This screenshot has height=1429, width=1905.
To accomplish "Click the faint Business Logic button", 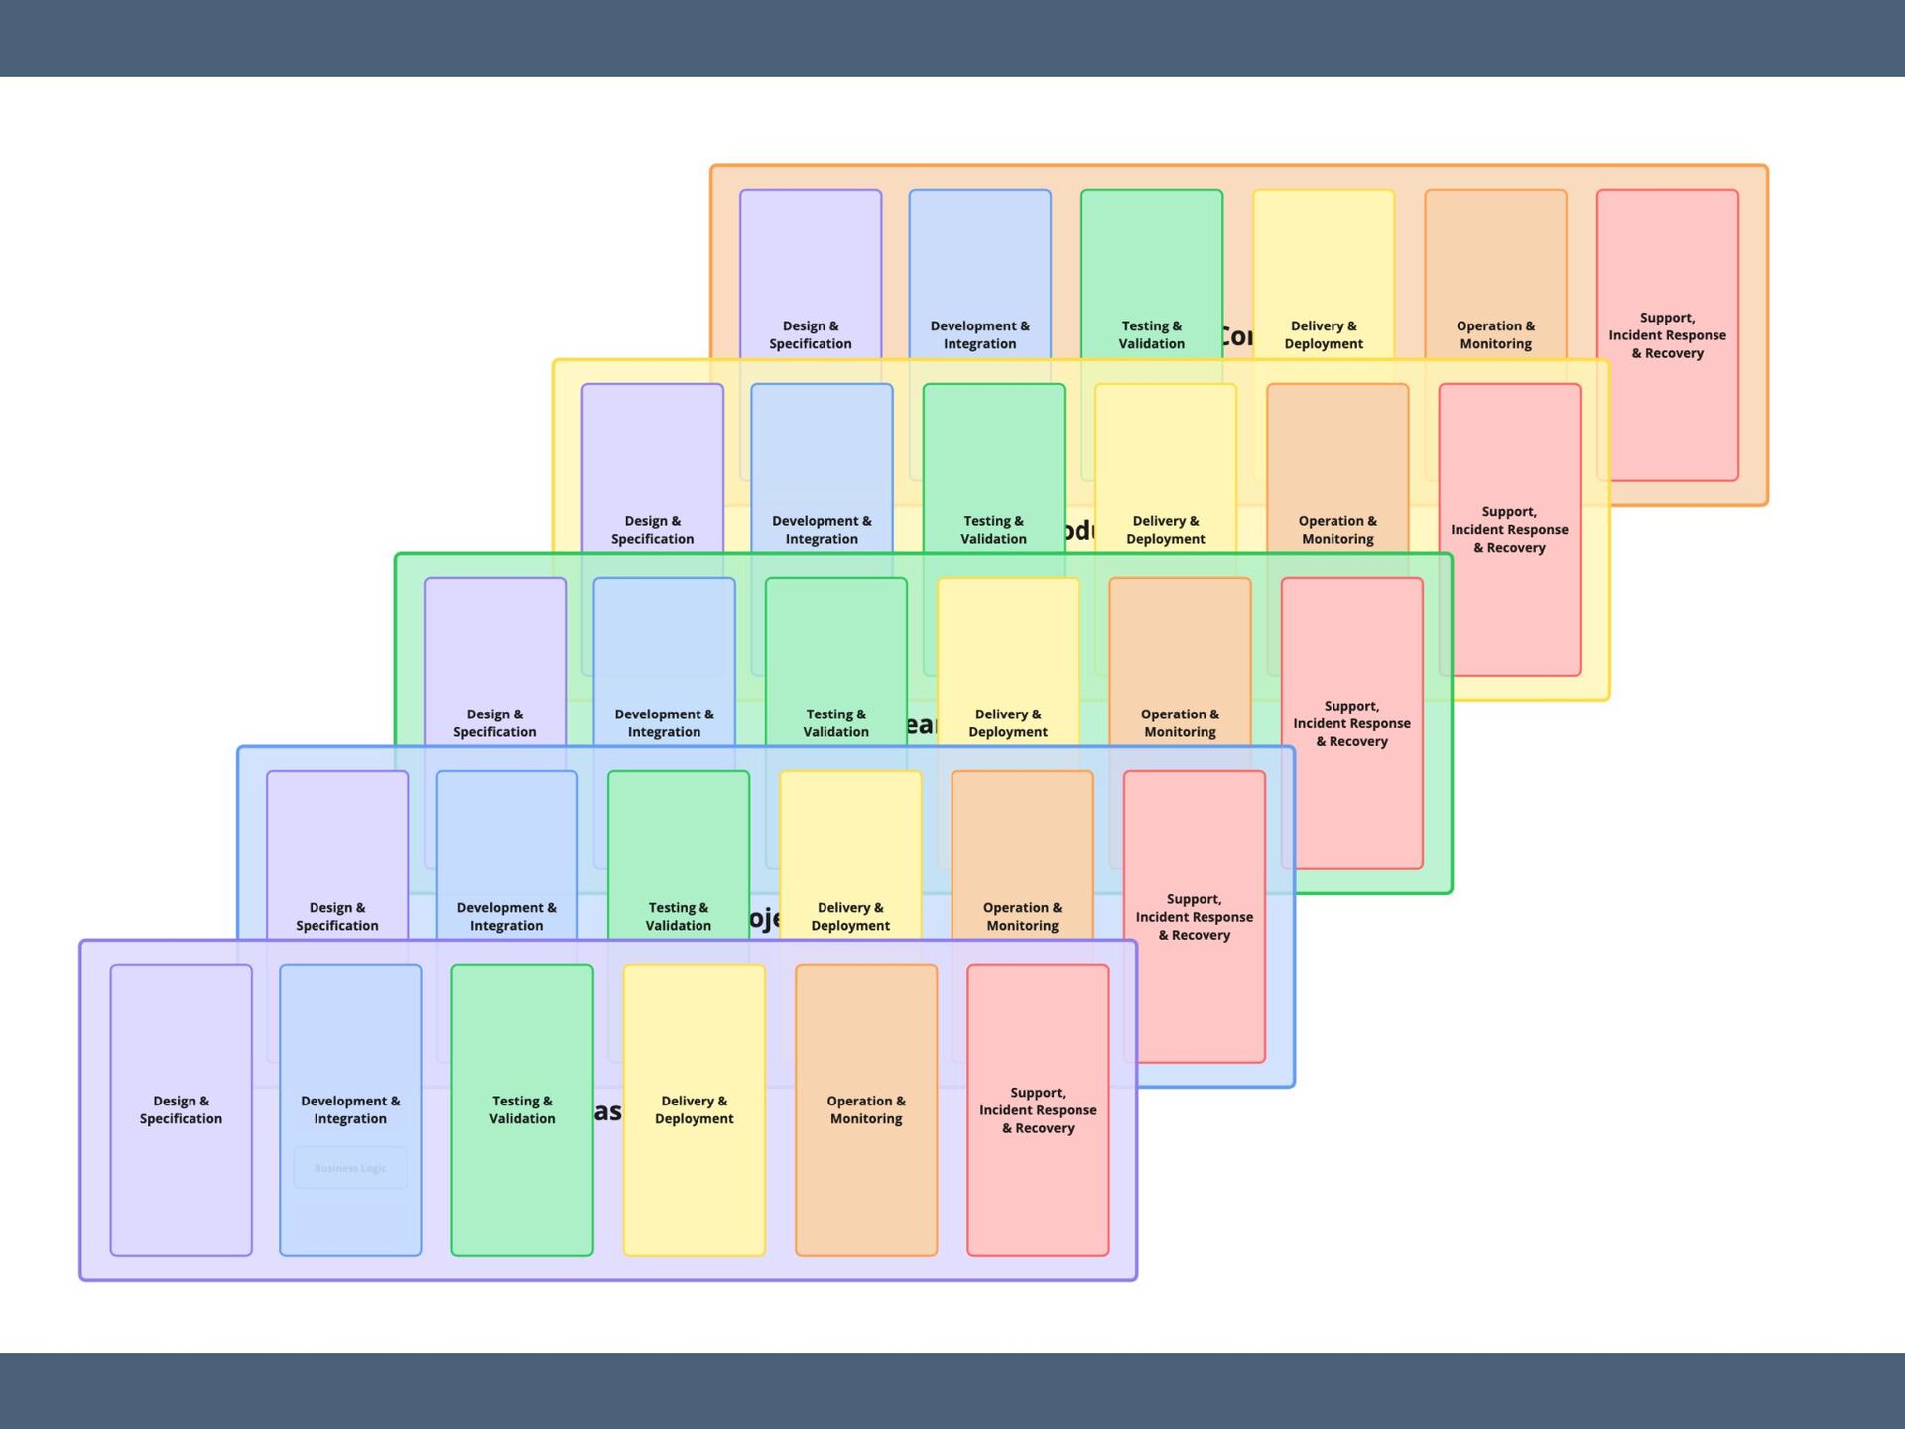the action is click(x=350, y=1168).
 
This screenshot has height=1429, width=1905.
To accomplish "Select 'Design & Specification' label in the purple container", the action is click(x=181, y=1109).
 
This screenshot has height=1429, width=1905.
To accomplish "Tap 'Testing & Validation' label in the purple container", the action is click(x=522, y=1109).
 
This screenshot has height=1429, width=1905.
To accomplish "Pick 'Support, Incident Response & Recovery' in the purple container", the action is click(x=1038, y=1109).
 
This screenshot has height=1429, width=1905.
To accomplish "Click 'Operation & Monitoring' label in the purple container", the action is click(x=866, y=1109).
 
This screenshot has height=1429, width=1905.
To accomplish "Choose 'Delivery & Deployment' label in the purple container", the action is click(x=694, y=1109).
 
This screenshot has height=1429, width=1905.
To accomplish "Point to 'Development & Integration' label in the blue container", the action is click(x=506, y=916).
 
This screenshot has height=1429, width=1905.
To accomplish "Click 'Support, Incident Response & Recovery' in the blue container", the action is click(x=1194, y=916).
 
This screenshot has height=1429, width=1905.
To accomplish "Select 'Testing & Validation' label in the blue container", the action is click(x=678, y=916).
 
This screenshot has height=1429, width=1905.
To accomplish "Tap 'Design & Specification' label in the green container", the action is click(x=494, y=722).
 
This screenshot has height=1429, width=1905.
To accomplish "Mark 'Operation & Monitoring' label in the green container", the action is click(x=1180, y=722).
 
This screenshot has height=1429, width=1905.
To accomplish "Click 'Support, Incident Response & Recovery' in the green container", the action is click(x=1351, y=722).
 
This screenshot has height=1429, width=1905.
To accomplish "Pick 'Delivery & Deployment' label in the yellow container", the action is click(x=1165, y=529).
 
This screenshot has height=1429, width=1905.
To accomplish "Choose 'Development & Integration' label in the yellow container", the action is click(x=822, y=529).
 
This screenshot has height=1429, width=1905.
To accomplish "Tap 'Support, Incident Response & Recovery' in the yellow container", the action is click(x=1509, y=529).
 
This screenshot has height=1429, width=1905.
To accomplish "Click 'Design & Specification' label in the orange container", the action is click(x=810, y=334).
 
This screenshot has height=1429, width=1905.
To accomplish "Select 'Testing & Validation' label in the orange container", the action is click(x=1151, y=334).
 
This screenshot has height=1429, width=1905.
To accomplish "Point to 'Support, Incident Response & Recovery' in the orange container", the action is click(x=1667, y=334).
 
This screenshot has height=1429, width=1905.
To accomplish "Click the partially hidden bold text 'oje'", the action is click(x=765, y=919).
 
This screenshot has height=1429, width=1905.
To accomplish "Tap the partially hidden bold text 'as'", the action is click(x=608, y=1111).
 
